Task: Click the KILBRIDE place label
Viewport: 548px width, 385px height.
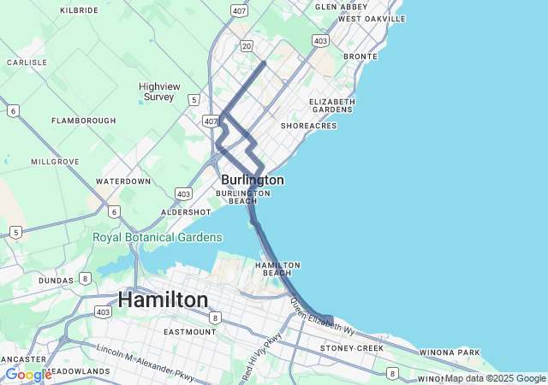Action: point(80,10)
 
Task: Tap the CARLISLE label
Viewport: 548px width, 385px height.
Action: point(27,62)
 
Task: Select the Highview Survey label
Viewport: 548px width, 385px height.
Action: point(160,92)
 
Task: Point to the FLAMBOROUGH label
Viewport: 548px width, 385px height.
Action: point(83,121)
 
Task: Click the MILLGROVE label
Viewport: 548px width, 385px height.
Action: point(55,161)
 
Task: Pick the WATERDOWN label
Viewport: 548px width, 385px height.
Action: point(123,181)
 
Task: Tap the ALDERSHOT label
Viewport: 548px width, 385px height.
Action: point(186,212)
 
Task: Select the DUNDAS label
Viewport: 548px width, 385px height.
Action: point(56,280)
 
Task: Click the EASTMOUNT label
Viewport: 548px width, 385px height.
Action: point(190,332)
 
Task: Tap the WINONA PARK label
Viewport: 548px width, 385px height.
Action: point(450,352)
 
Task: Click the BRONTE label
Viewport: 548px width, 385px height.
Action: point(360,56)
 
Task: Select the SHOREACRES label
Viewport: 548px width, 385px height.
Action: point(309,126)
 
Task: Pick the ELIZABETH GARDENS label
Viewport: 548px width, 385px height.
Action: point(332,105)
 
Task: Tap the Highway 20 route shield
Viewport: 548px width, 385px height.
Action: point(247,45)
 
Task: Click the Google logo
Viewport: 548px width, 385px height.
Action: point(27,375)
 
